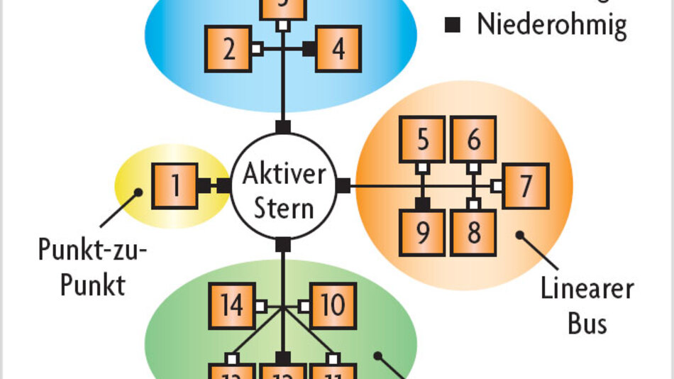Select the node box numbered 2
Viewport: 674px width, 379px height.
click(228, 49)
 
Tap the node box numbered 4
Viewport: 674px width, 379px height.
click(338, 49)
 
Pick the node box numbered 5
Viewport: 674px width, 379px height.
click(422, 139)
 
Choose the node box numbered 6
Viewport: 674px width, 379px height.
click(473, 139)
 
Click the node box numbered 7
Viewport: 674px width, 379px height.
click(526, 186)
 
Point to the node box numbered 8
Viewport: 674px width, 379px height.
click(473, 233)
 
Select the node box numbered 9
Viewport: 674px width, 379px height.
click(422, 233)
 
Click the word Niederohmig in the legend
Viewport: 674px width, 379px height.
click(551, 26)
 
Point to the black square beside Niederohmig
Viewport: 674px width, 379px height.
click(453, 26)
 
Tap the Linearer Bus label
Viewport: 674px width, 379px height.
click(586, 306)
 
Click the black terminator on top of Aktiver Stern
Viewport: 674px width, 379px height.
click(283, 127)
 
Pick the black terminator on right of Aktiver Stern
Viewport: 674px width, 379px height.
click(343, 186)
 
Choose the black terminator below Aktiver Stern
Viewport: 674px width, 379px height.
click(283, 246)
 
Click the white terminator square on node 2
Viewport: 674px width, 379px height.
click(257, 49)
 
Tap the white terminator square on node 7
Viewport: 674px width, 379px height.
click(497, 186)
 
